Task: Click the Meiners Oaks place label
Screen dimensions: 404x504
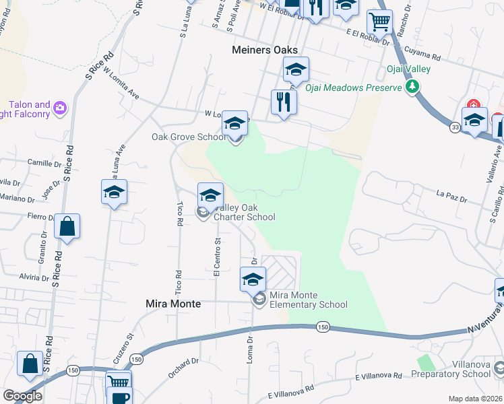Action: [264, 50]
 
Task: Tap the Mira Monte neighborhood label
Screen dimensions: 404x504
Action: [173, 304]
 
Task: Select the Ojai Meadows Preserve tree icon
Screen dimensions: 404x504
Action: [411, 87]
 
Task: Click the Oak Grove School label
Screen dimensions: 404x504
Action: [188, 137]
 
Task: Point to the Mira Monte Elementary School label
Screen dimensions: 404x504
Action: [308, 300]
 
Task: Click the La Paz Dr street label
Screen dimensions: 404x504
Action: [451, 197]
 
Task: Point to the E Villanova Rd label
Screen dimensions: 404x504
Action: [291, 390]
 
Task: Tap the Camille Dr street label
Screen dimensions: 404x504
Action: [44, 163]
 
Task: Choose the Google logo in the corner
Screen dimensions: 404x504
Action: [22, 396]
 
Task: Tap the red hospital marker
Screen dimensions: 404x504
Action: [474, 106]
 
